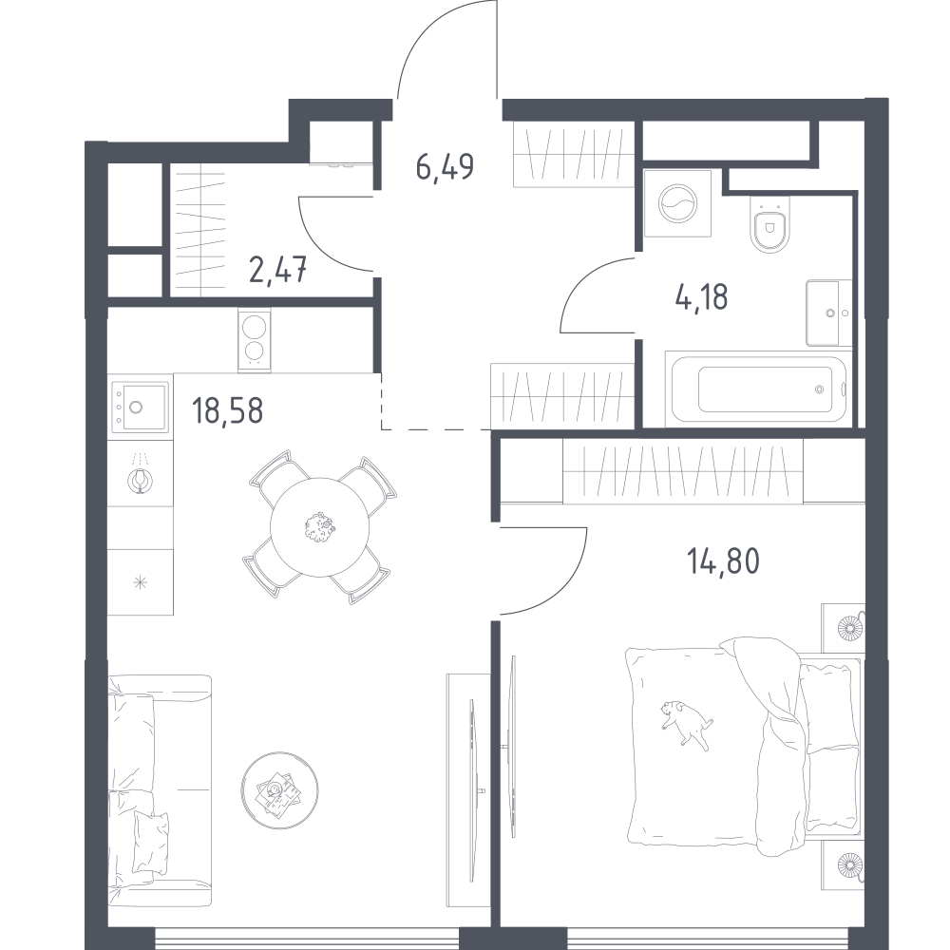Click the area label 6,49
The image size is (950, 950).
point(445,166)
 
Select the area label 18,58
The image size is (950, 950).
point(227,410)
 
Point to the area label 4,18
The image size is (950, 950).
point(701,296)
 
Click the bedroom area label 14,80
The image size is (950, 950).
point(723,560)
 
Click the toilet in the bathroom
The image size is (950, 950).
point(770,224)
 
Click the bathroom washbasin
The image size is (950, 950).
point(828,313)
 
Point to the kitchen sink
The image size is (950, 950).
point(141,407)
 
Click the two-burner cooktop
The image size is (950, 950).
point(255,340)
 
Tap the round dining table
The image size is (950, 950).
point(319,527)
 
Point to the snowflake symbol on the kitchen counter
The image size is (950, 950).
point(140,583)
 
